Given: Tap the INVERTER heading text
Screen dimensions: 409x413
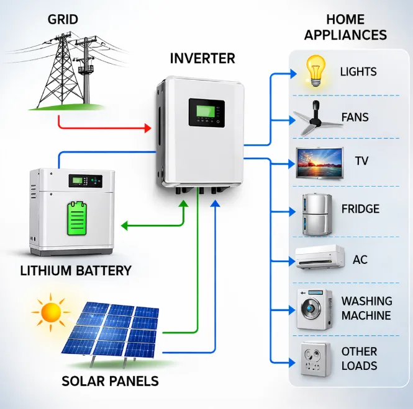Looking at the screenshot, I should (202, 59).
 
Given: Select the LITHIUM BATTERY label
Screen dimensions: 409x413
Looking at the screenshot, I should (76, 271).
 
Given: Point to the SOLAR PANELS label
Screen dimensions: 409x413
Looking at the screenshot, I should (110, 380).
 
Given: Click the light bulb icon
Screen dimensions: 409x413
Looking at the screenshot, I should (315, 71).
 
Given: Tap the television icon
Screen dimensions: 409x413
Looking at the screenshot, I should (319, 162).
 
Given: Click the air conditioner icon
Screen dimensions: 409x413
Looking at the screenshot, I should (319, 258).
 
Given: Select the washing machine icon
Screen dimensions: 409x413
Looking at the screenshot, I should (314, 308).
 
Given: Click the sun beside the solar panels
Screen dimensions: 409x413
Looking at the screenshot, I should (50, 311).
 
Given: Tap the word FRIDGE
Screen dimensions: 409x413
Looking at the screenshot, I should (360, 209).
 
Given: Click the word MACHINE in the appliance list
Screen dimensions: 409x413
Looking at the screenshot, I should (366, 315).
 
